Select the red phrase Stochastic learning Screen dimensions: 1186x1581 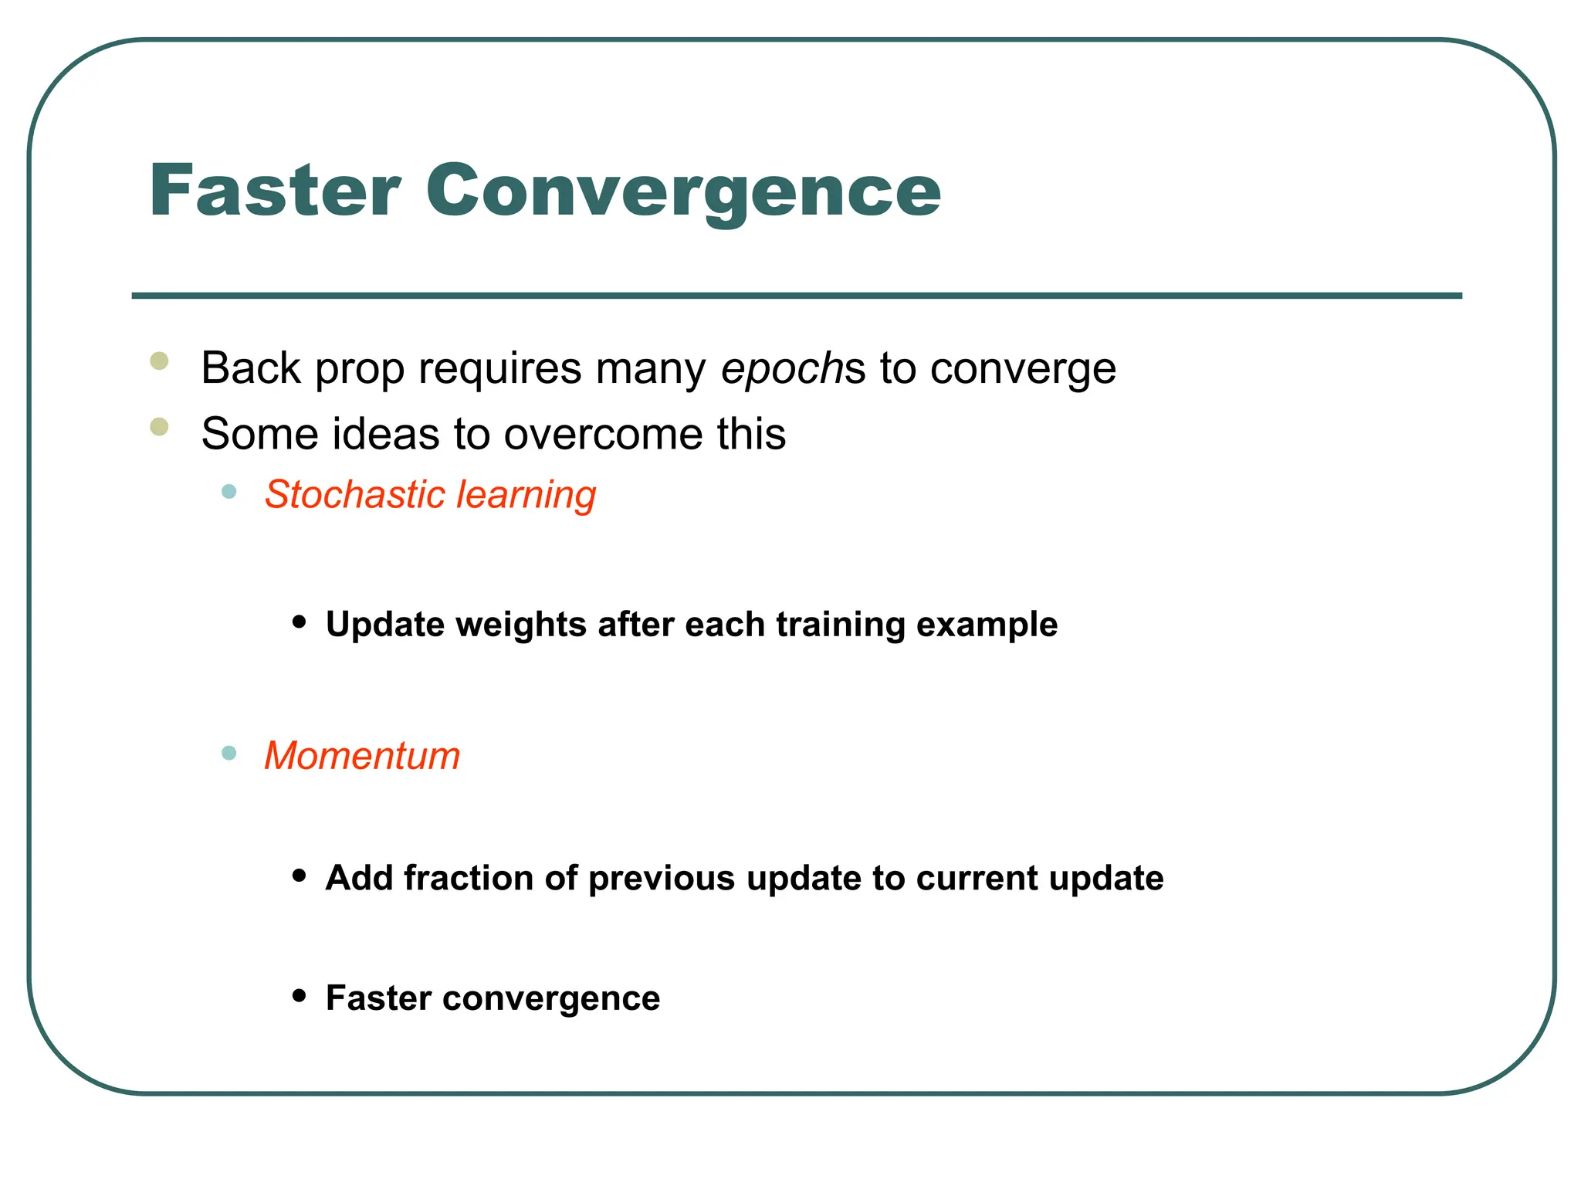[430, 494]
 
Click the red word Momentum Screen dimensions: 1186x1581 [362, 755]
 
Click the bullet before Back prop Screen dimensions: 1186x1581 [160, 361]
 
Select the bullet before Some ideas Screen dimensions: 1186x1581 [160, 426]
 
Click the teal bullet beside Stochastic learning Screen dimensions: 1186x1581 [229, 491]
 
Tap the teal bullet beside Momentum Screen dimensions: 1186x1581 [229, 753]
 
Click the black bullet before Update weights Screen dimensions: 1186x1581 [300, 622]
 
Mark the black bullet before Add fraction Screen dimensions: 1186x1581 [300, 876]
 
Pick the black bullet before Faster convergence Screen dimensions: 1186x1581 [300, 996]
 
